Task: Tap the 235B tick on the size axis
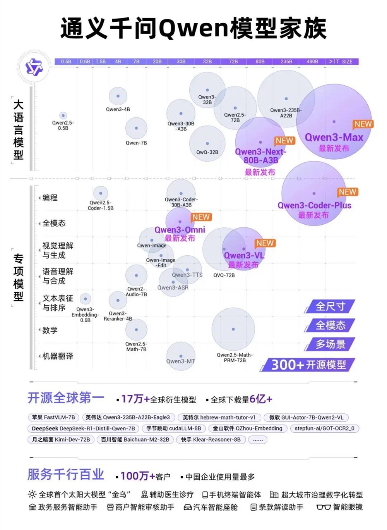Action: (286, 62)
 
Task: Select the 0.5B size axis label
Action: (66, 62)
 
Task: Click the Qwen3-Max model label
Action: (334, 138)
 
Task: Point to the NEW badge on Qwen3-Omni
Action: (201, 217)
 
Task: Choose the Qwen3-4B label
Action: (118, 110)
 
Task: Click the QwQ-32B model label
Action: (207, 152)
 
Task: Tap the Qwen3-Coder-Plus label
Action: (314, 206)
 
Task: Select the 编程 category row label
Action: (50, 198)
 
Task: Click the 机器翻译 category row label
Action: (58, 356)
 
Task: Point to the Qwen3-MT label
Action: (181, 361)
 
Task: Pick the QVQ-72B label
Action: (224, 275)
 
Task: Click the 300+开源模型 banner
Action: (308, 365)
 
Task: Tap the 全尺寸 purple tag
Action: (330, 306)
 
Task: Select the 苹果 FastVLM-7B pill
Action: (53, 418)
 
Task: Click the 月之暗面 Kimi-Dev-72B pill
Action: (61, 440)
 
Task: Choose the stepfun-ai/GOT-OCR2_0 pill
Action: (324, 428)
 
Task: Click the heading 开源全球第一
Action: (66, 398)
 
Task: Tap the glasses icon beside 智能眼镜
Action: (324, 508)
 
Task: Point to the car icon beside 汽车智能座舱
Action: (188, 508)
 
